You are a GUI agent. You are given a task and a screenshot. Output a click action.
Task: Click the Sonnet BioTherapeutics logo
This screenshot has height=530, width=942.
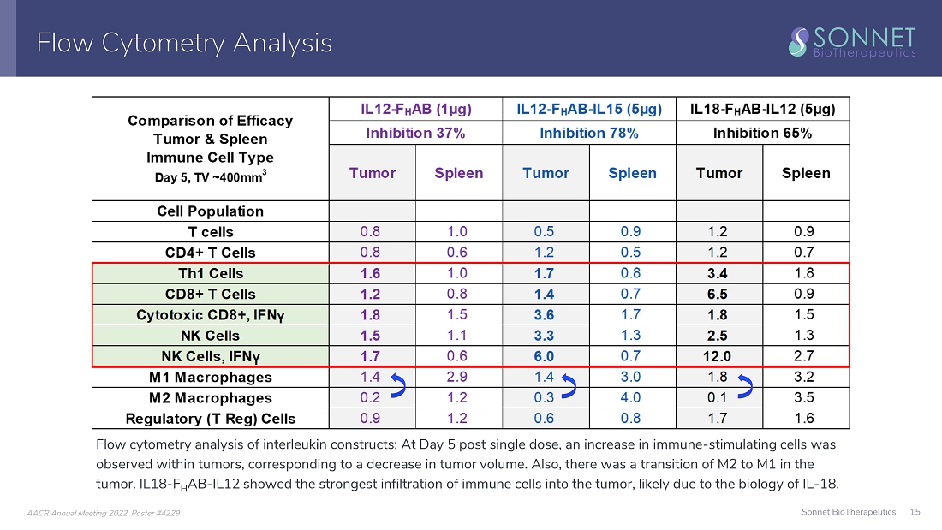[x=852, y=41]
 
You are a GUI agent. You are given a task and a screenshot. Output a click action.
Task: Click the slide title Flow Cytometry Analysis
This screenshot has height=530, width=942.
[x=184, y=42]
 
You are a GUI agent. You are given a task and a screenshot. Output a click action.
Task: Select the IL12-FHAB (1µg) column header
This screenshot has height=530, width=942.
[x=415, y=109]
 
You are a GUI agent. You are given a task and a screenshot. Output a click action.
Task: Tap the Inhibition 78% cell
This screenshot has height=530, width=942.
[x=589, y=133]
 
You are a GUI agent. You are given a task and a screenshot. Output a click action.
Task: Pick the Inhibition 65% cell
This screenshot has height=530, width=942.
[x=762, y=133]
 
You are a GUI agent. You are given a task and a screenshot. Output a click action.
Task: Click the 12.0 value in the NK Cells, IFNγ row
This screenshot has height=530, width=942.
[x=719, y=356]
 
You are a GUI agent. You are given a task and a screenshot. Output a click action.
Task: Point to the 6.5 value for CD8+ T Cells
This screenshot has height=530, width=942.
[x=719, y=294]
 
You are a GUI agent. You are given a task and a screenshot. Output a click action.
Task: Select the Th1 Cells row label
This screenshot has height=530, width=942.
[x=210, y=274]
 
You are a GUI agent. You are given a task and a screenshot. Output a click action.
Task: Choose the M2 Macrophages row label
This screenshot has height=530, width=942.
[x=210, y=398]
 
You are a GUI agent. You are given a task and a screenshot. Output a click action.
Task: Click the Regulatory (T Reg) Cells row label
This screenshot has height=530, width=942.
[x=210, y=419]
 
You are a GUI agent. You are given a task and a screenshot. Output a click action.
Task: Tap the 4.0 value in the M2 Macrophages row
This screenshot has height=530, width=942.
[x=632, y=397]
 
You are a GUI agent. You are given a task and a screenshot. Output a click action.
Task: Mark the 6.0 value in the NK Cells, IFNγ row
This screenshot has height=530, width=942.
[x=546, y=356]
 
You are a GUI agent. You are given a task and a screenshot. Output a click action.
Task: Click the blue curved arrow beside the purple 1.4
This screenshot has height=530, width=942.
[x=397, y=387]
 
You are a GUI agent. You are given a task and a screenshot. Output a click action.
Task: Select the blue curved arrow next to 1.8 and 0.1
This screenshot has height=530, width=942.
[x=745, y=387]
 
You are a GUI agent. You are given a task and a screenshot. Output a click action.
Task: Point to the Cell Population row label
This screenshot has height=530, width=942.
[x=210, y=211]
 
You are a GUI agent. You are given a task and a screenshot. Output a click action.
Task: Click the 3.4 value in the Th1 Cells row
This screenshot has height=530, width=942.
[x=719, y=273]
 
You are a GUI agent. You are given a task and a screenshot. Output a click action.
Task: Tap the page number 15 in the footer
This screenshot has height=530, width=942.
[x=915, y=512]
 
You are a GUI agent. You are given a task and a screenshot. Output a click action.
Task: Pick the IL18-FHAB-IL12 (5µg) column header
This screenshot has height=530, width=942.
[x=762, y=109]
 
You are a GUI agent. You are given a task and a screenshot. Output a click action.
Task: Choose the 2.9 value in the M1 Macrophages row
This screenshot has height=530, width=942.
[x=459, y=377]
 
